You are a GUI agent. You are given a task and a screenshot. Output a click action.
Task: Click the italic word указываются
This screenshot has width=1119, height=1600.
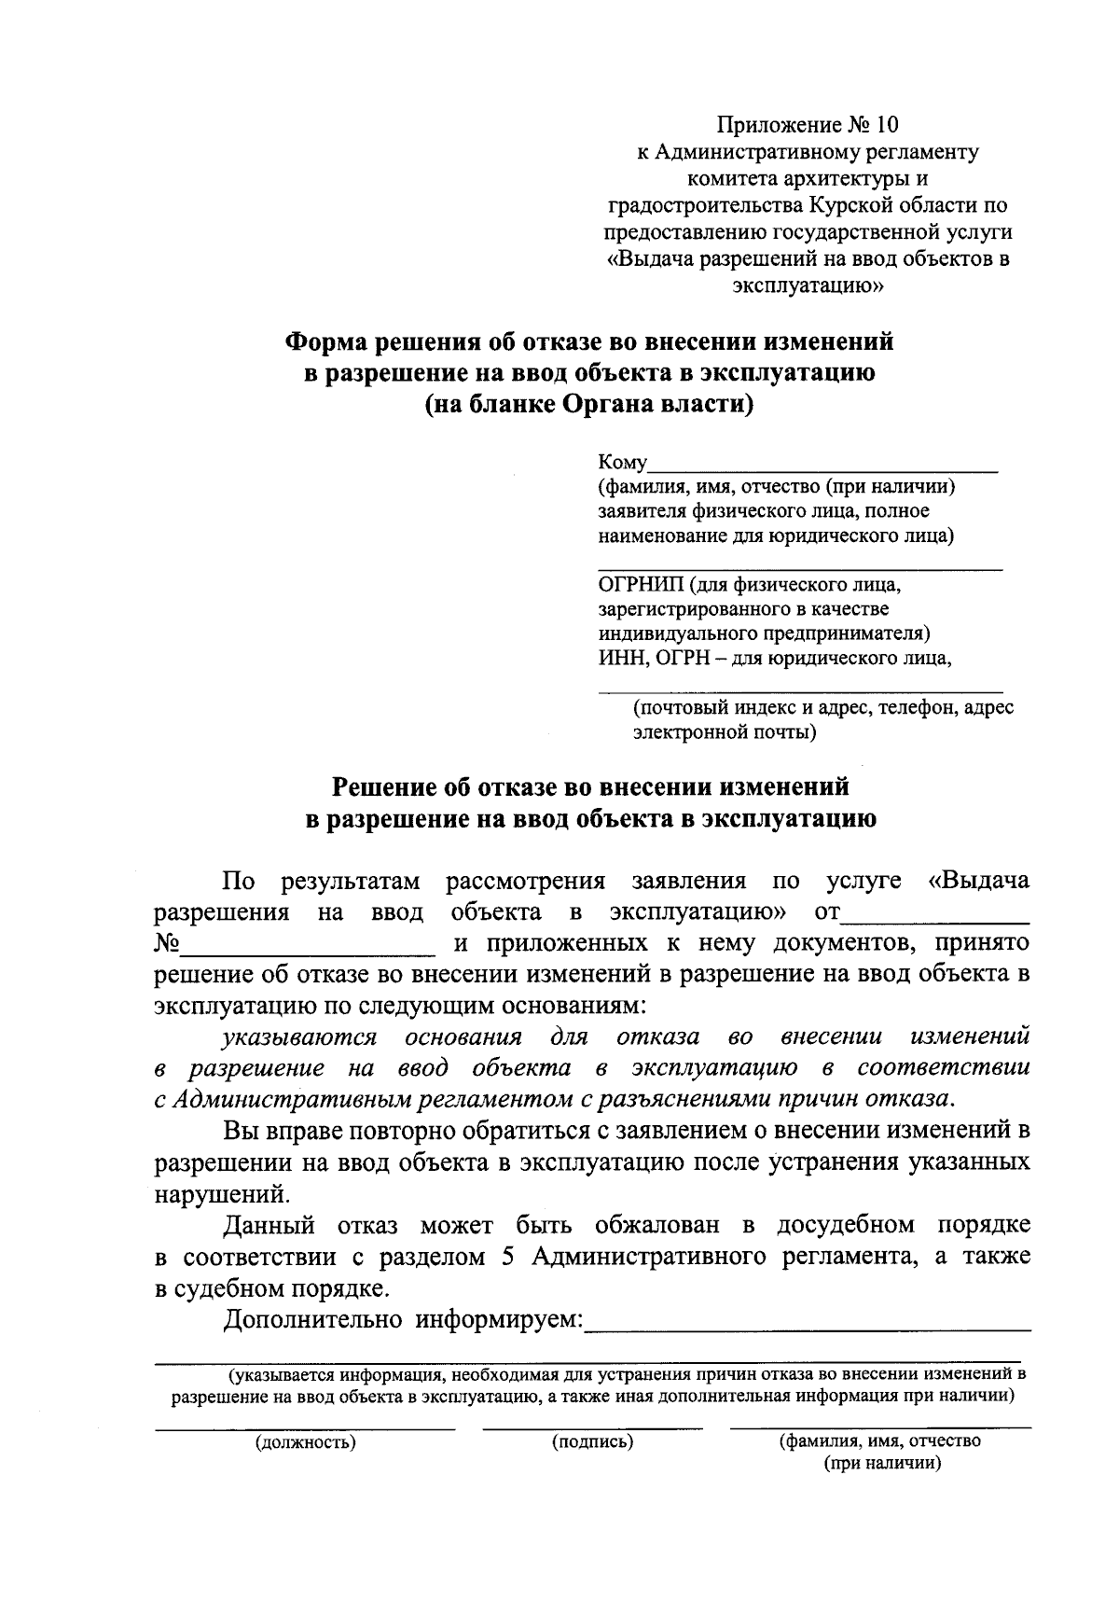299,1037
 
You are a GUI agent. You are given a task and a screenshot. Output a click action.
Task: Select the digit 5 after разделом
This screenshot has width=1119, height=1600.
508,1257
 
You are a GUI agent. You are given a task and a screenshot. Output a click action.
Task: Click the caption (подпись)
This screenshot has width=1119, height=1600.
592,1442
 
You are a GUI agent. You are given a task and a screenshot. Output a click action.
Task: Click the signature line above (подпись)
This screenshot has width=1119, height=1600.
592,1427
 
